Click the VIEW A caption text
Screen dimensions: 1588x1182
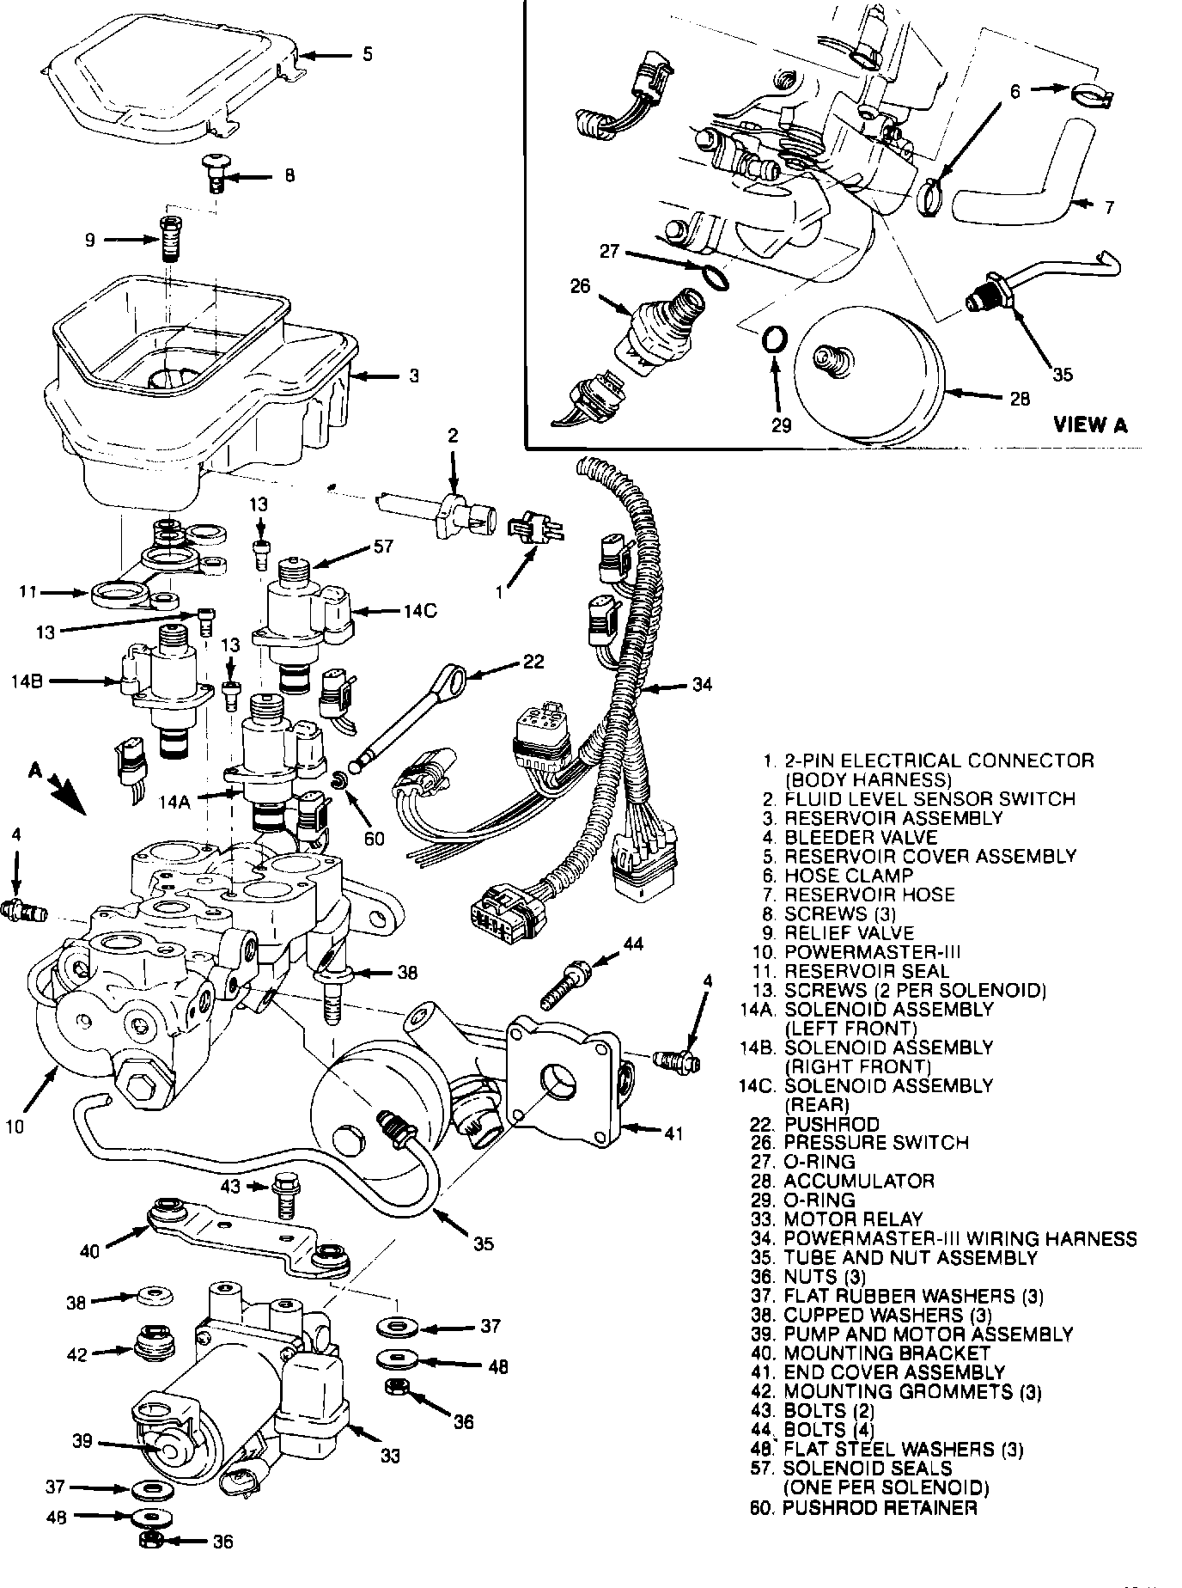click(x=1090, y=424)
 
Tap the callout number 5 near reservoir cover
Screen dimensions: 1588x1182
click(x=367, y=55)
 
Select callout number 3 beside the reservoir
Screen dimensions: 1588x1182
click(x=413, y=376)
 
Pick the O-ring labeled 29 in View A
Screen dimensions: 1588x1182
click(x=774, y=338)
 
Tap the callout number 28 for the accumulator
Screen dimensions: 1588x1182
click(x=1019, y=399)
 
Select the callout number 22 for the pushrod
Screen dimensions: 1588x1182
click(x=533, y=661)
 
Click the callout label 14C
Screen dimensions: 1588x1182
click(x=420, y=612)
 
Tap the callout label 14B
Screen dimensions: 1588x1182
click(x=27, y=681)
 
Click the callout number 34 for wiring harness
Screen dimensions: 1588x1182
click(x=702, y=685)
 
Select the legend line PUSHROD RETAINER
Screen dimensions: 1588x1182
click(x=880, y=1507)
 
